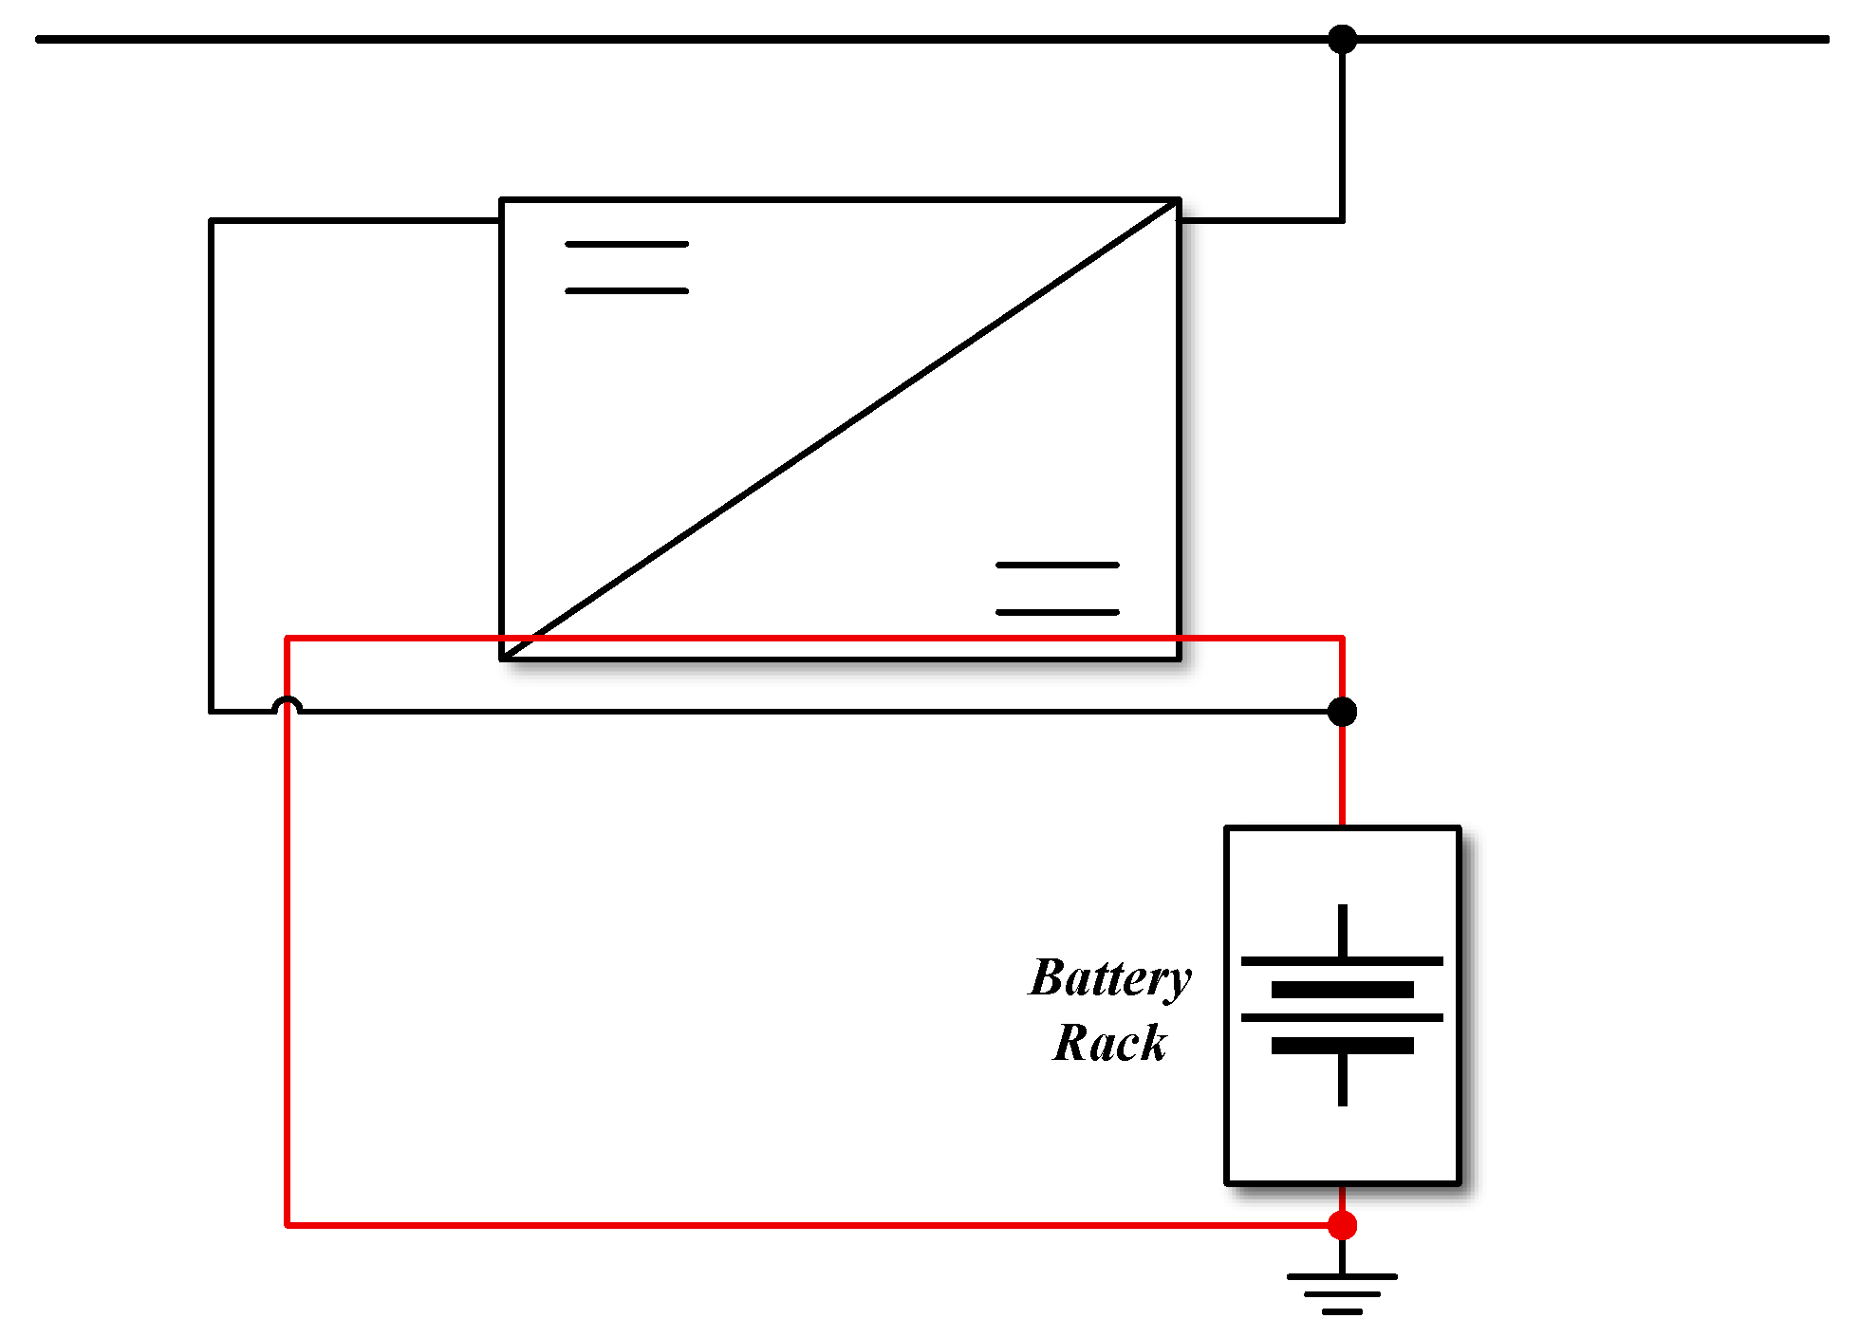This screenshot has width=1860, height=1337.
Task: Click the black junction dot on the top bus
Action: point(1342,40)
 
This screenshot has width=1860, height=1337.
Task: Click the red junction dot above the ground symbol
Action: point(1342,1225)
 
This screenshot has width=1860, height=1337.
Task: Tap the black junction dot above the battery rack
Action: point(1342,711)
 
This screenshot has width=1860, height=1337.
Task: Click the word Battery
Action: point(1109,979)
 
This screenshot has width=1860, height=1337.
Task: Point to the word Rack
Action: point(1109,1043)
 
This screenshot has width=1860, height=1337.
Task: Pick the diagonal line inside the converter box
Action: point(840,429)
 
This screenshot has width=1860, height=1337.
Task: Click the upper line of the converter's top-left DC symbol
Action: point(626,244)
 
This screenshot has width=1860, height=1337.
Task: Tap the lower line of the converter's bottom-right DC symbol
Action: point(1057,612)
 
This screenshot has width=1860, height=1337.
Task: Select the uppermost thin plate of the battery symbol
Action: point(1342,961)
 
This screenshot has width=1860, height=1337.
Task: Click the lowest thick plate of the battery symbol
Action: point(1342,1046)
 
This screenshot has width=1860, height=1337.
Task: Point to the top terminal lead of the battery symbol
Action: point(1342,930)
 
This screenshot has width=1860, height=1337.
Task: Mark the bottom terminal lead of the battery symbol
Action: point(1342,1080)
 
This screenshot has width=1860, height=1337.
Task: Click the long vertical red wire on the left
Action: point(287,949)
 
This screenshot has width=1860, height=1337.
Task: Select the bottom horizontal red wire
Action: point(807,1225)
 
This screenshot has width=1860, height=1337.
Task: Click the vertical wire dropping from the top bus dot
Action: point(1342,133)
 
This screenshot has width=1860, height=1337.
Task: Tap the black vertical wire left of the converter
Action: point(211,465)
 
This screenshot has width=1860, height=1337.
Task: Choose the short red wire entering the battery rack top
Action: point(1342,778)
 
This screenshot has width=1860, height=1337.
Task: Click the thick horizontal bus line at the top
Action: point(664,40)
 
